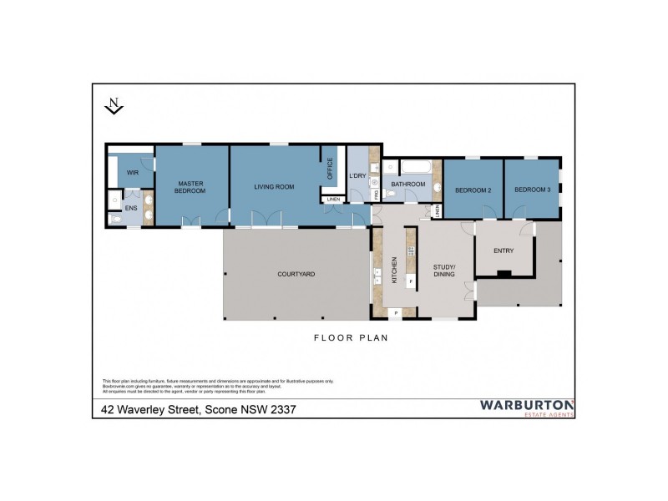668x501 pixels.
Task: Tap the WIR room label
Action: (x=132, y=173)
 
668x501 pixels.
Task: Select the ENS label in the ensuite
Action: (x=131, y=207)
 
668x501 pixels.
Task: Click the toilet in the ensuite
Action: (x=117, y=219)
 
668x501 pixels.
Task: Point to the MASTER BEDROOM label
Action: (x=190, y=187)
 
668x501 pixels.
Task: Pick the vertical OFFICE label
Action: (x=330, y=170)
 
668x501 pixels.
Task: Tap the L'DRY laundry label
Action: (x=357, y=175)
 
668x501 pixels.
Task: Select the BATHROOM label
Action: (x=408, y=184)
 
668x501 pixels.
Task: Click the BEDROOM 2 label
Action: (x=473, y=190)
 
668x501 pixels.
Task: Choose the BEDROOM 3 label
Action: (x=532, y=190)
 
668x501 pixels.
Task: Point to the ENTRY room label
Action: (x=504, y=250)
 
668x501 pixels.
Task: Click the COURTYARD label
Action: (x=296, y=274)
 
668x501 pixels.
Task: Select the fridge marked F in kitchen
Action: (x=410, y=282)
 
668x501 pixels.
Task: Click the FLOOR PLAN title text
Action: (x=350, y=338)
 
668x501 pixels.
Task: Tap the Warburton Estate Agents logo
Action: (x=526, y=407)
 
